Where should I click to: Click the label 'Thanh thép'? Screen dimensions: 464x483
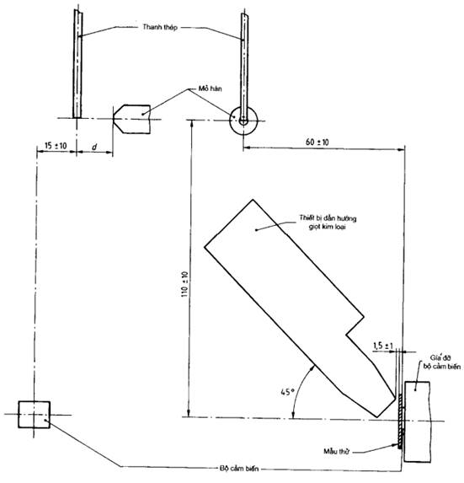pos(160,28)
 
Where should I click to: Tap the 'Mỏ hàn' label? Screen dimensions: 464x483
pos(210,89)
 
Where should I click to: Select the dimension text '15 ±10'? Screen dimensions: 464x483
pos(56,146)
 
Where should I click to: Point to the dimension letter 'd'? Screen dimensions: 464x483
pos(94,148)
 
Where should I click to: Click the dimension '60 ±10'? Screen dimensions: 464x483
pos(317,142)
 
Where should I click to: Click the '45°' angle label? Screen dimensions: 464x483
pos(288,392)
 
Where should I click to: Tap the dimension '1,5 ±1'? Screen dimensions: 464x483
pos(383,346)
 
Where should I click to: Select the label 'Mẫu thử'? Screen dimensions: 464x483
pos(336,452)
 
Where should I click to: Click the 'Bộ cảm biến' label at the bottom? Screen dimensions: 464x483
pos(239,469)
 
